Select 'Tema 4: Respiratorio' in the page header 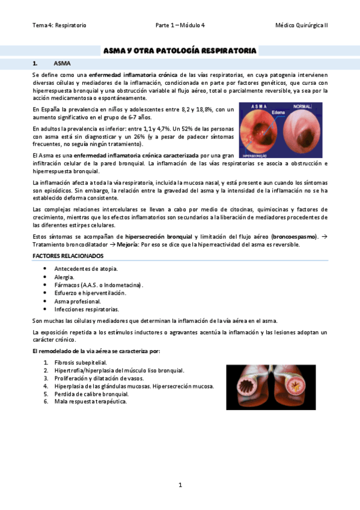coord(59,25)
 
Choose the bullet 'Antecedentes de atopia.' coord(86,268)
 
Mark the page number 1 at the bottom coord(180,485)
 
